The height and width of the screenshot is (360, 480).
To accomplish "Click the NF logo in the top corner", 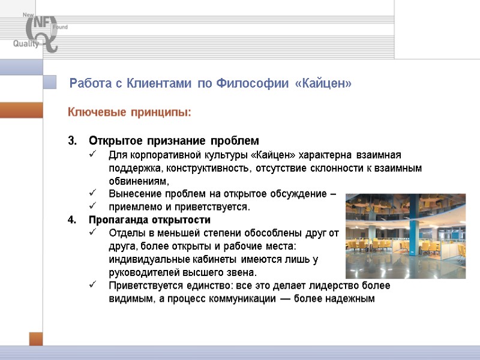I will (x=37, y=28).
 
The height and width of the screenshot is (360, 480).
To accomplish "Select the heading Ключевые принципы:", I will (x=130, y=112).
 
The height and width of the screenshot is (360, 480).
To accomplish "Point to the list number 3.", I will (x=72, y=141).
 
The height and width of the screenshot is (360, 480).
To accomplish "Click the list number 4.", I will (x=72, y=220).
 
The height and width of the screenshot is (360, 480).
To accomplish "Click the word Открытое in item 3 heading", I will (x=112, y=141).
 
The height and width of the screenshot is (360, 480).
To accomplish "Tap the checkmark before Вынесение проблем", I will (x=92, y=193).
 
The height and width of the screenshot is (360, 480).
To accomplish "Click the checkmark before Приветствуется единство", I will (x=92, y=285).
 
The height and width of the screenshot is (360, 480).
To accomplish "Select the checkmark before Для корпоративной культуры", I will (x=92, y=155).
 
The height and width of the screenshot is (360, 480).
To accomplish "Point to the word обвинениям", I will (x=139, y=181).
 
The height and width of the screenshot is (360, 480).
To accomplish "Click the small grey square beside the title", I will (x=50, y=83).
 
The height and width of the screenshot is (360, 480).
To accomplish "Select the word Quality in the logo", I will (x=26, y=43).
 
